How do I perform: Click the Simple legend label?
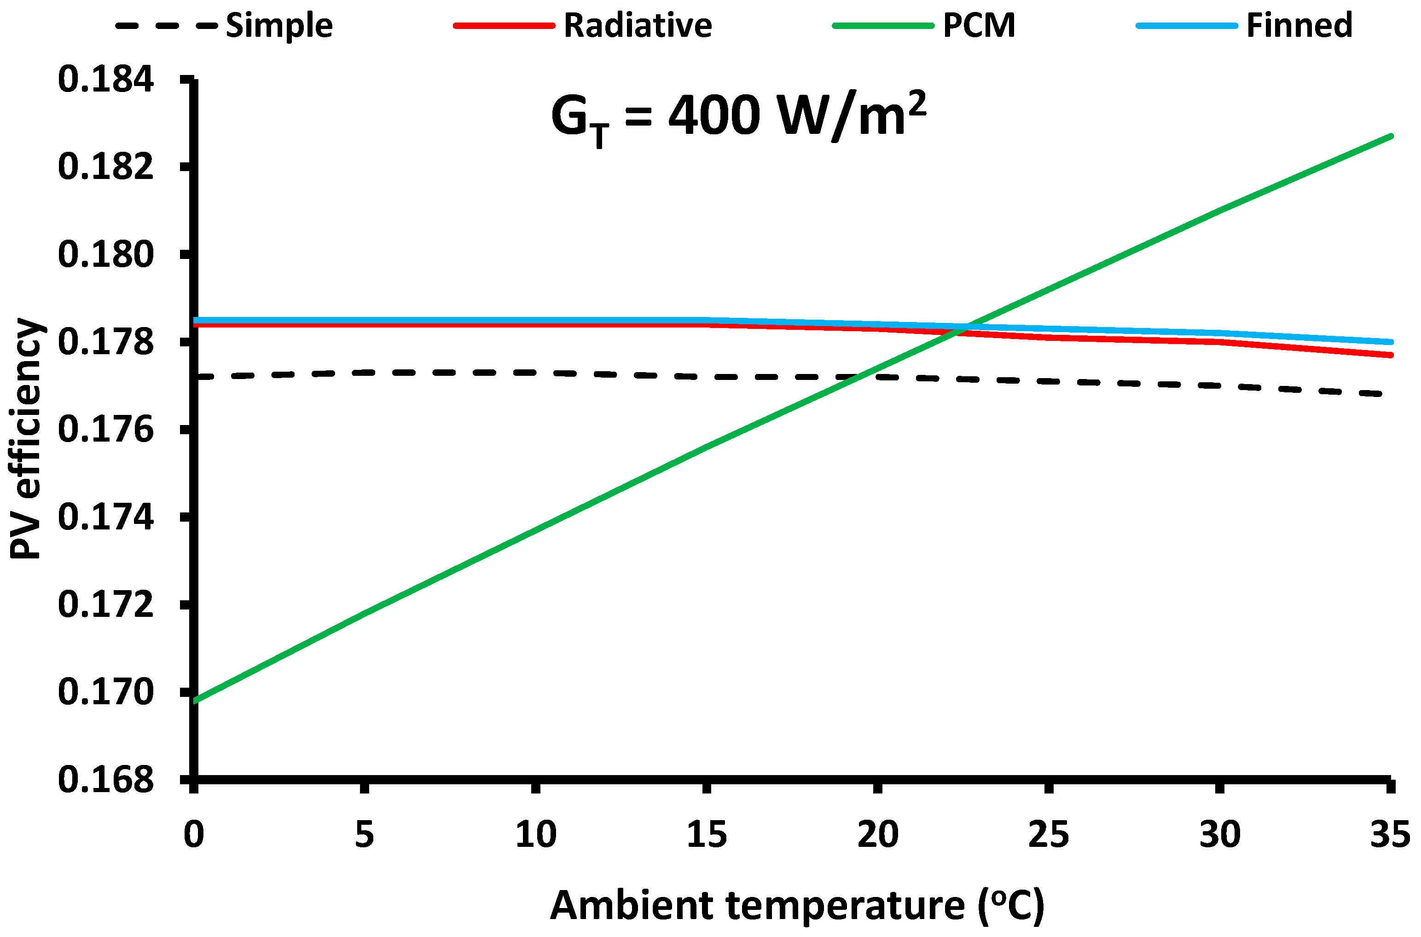[x=278, y=26]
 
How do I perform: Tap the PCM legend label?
[x=979, y=26]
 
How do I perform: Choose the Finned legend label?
[x=1299, y=26]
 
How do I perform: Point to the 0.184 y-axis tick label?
[x=106, y=80]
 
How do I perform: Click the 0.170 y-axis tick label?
[x=106, y=693]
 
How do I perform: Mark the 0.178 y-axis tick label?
[x=106, y=342]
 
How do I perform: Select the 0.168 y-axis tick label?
[x=106, y=780]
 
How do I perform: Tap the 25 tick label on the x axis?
[x=1049, y=835]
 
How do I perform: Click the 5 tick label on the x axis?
[x=364, y=835]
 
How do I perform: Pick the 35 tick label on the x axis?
[x=1390, y=835]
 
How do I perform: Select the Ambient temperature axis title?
[x=797, y=905]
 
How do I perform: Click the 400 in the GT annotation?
[x=714, y=115]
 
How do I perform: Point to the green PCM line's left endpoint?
[x=194, y=701]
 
